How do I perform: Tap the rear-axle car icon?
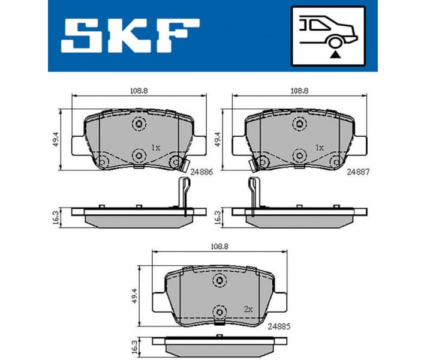pos(328,36)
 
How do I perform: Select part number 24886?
pos(202,170)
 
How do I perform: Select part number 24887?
pos(359,170)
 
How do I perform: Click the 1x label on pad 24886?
pos(157,147)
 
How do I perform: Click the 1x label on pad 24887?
pos(318,147)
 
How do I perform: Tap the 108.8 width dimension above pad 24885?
pos(219,245)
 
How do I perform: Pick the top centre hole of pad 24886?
pos(139,124)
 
